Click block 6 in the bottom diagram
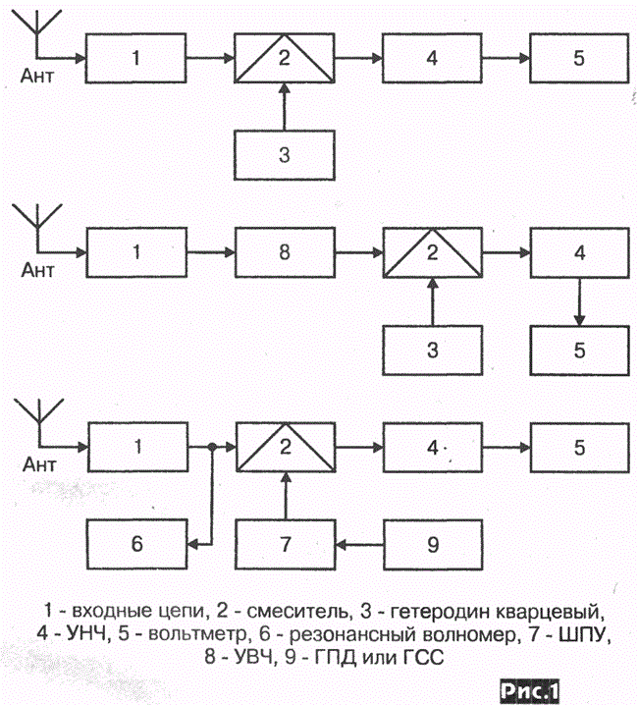point(137,545)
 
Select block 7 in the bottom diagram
point(286,545)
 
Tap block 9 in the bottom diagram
point(433,545)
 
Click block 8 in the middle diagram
point(285,252)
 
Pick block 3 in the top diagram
point(285,155)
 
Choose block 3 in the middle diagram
point(433,351)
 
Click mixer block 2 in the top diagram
point(285,58)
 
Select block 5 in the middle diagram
point(580,351)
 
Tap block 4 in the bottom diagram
point(433,448)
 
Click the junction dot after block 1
point(212,447)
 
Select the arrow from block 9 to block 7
point(359,545)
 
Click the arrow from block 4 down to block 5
point(580,301)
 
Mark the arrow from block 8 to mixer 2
point(359,252)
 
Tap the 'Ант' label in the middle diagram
point(37,270)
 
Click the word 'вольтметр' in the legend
point(198,633)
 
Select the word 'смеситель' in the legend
point(297,611)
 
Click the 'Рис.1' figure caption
point(530,690)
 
